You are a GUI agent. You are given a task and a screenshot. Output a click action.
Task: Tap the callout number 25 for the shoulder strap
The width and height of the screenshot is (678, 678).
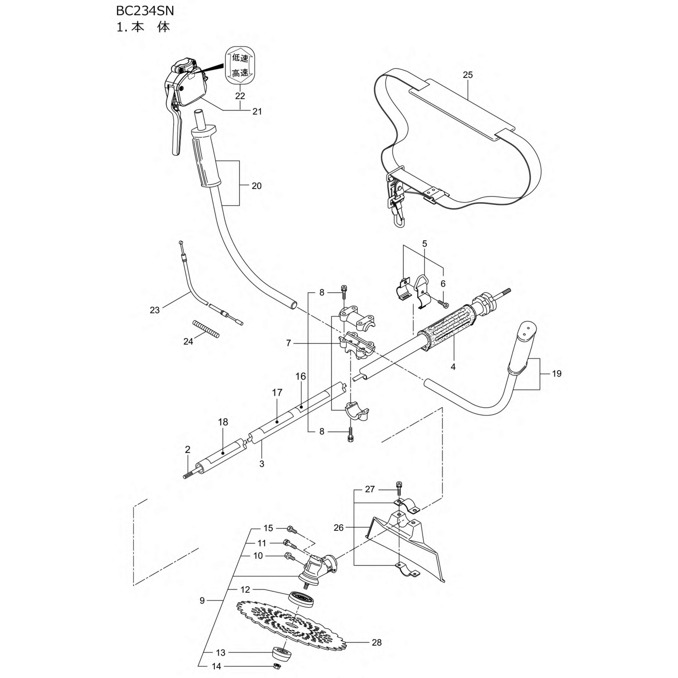pos(468,75)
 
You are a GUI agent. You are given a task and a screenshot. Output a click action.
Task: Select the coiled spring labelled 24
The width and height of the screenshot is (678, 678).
pos(206,329)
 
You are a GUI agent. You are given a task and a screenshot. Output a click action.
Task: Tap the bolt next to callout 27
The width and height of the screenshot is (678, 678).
pos(399,488)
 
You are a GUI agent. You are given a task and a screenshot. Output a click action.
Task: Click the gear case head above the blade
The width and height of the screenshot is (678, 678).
pos(316,573)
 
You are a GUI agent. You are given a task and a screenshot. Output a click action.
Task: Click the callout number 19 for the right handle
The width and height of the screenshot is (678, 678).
pos(557,373)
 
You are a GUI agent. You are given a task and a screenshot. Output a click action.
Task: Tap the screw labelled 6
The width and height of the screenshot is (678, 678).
pos(443,303)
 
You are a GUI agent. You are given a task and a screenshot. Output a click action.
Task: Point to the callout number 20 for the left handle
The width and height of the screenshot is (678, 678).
pos(257,186)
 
